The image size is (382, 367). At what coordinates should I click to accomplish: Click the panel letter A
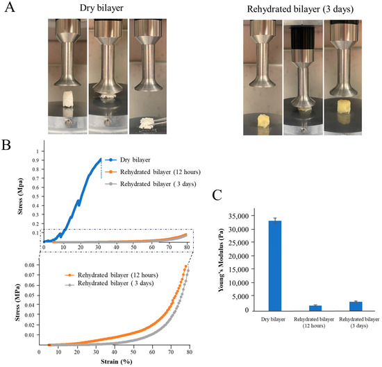pos(10,11)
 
